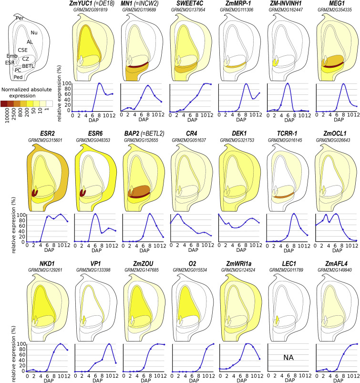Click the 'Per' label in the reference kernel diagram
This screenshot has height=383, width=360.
click(20, 18)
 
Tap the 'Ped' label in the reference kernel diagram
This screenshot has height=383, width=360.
click(19, 77)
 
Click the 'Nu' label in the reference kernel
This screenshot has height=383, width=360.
click(33, 32)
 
